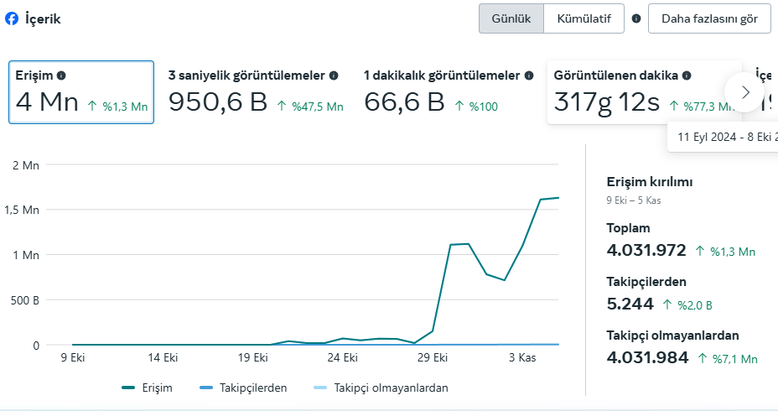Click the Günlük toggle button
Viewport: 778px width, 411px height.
[511, 18]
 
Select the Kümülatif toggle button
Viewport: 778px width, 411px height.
[584, 18]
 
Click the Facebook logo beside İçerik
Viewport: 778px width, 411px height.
[12, 18]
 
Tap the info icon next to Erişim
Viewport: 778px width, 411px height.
[61, 75]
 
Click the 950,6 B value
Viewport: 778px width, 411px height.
[218, 101]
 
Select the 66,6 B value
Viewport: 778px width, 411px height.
[404, 101]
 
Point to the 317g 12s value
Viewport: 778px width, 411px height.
[606, 102]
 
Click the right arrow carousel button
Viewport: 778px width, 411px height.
[744, 92]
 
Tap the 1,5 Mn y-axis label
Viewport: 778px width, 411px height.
[22, 210]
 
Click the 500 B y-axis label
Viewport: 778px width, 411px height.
[25, 300]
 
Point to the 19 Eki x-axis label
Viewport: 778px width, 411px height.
[253, 357]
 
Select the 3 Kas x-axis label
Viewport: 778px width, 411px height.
[522, 357]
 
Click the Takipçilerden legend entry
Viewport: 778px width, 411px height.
[243, 388]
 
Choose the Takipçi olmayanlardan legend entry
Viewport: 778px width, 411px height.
[381, 388]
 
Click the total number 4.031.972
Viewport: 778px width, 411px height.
[646, 250]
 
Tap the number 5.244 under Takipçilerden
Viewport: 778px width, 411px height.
[630, 304]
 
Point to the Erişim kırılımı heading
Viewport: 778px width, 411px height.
[650, 182]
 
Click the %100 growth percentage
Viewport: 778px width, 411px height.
[483, 107]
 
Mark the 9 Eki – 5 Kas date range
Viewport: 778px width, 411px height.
[634, 200]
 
